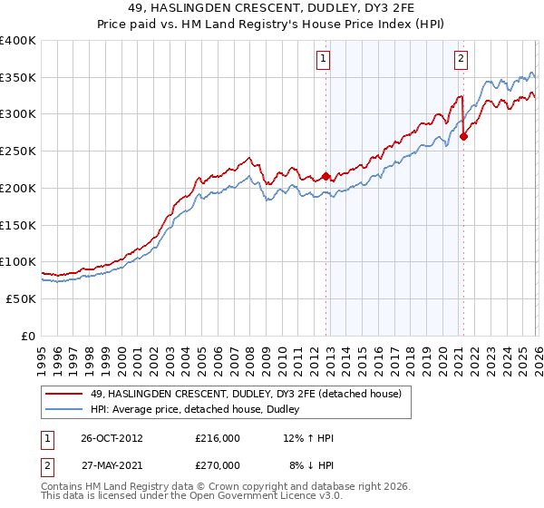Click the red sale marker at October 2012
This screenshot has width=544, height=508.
[325, 176]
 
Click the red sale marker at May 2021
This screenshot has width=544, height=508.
[463, 136]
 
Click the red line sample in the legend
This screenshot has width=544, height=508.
[64, 393]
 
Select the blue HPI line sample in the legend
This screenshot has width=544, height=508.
[64, 410]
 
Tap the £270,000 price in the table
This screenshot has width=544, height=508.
[218, 464]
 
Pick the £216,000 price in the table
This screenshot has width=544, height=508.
[218, 438]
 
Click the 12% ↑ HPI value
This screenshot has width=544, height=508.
[309, 438]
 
